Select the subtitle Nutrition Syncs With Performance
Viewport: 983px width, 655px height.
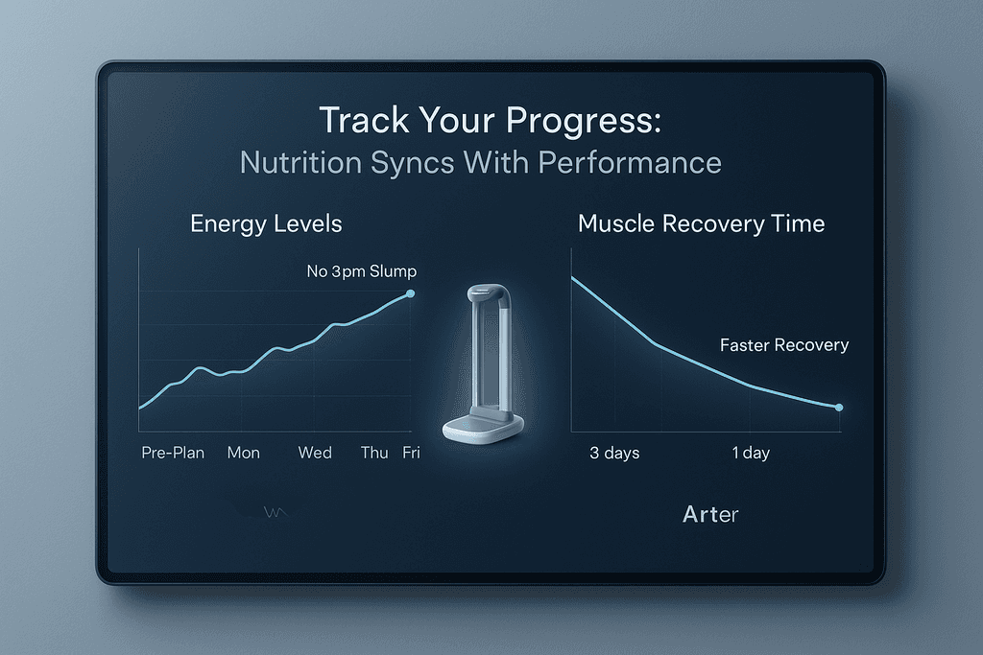coord(480,162)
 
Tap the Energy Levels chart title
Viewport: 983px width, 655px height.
coord(266,224)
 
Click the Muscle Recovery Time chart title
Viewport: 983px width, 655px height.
coord(701,224)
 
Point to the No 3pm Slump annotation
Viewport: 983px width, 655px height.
coord(361,272)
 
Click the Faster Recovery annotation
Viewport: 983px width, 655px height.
coord(784,345)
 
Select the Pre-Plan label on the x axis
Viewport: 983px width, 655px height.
coord(173,453)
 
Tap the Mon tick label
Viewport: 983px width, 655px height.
coord(243,453)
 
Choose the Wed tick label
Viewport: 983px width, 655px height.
coord(315,453)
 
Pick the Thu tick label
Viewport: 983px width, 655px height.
coord(373,453)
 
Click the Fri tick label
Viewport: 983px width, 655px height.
coord(411,453)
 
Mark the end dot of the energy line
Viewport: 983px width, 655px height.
coord(411,293)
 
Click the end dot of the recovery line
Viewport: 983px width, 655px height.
coord(839,408)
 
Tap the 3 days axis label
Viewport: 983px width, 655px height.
coord(614,453)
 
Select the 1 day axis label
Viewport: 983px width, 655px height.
coord(751,453)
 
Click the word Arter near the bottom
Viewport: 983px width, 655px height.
coord(710,515)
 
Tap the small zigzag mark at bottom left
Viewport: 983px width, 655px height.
coord(275,513)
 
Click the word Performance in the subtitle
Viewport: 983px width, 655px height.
coord(629,162)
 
